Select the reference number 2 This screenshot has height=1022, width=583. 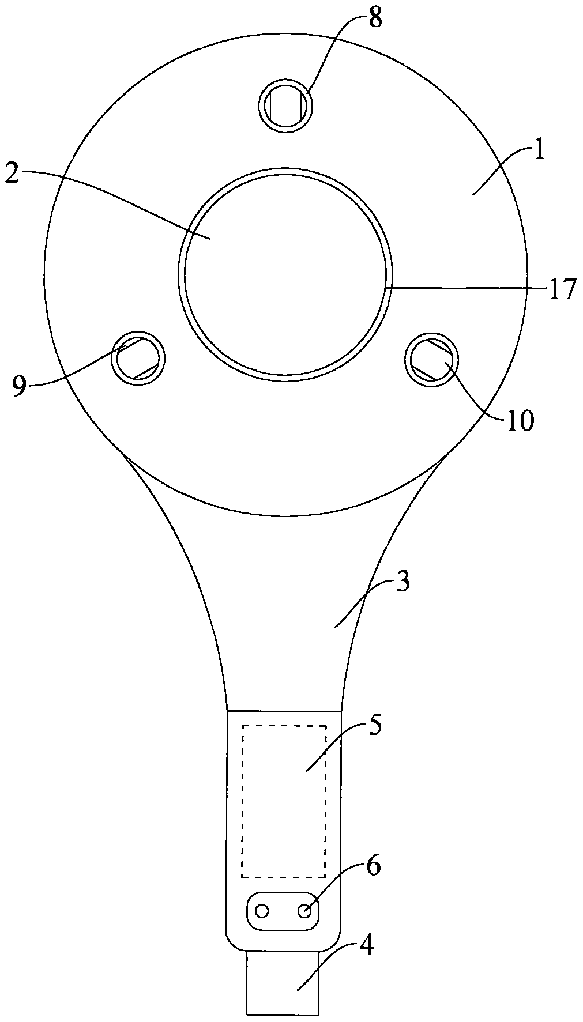(12, 173)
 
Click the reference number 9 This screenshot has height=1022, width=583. (20, 385)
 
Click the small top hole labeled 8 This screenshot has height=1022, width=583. (285, 105)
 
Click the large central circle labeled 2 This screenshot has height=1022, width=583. (285, 274)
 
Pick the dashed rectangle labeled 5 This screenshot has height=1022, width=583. (284, 801)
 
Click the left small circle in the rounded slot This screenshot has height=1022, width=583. (262, 911)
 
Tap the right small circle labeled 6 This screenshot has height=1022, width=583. (305, 911)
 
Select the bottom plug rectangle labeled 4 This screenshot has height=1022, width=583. (283, 983)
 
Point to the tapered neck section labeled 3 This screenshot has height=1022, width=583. (284, 611)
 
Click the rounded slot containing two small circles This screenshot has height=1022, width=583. (283, 911)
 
